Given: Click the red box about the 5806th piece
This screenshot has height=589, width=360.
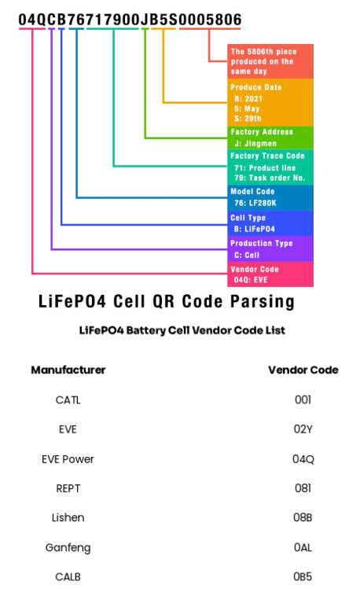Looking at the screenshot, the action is pos(270,61).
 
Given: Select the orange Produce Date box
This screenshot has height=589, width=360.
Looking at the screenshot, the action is pos(270,102).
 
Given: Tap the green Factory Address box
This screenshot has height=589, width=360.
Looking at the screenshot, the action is pos(270,138).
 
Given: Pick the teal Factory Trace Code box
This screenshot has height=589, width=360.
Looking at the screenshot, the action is pos(270,167).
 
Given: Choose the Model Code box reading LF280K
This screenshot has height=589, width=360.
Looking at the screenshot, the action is pos(270,197).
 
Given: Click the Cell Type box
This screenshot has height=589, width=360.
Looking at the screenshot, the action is pos(270,223).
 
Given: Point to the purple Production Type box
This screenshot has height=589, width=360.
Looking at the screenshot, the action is pos(270,248).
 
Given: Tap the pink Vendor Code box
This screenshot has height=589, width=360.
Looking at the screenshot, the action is pos(270,274).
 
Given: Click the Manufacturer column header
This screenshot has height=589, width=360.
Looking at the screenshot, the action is pos(68,370).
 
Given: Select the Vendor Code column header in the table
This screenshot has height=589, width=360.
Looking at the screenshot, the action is pos(303,370).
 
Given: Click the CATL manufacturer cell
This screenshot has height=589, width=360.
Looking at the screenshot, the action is pos(68,399).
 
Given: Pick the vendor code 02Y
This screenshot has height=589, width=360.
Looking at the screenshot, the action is pos(303,429).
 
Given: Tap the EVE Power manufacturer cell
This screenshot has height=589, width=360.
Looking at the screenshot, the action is pos(68,459).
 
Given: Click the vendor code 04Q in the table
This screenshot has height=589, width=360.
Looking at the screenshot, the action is pos(303,459).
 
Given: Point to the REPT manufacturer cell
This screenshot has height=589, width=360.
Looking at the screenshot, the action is pos(68,488).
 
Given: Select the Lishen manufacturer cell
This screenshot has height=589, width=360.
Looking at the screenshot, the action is pos(68,517).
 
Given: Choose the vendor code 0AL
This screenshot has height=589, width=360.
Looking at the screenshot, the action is pos(303,547).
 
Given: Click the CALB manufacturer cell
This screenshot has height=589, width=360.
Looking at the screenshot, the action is pos(68,576).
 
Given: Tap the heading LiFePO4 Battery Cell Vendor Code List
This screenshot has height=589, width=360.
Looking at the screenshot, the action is pos(182,330).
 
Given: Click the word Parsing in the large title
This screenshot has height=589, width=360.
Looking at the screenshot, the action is pos(263,302).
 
